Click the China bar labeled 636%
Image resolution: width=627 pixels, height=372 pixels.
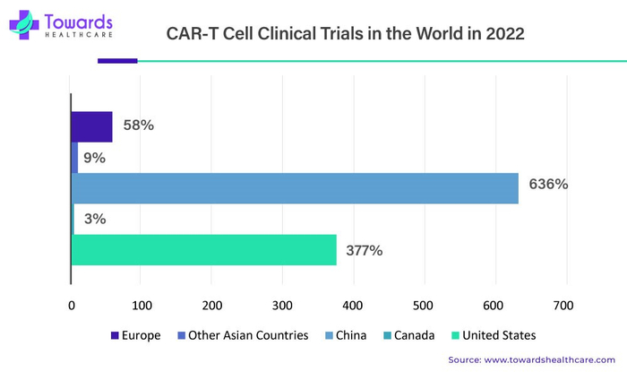click(x=295, y=187)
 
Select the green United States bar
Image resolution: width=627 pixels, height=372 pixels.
click(x=203, y=250)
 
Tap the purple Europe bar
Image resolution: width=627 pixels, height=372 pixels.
click(x=91, y=126)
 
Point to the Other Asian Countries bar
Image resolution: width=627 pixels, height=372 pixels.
click(x=74, y=157)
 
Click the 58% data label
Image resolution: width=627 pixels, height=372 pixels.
click(x=139, y=125)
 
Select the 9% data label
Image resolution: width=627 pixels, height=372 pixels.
click(x=94, y=158)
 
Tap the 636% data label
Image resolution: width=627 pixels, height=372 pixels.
click(x=548, y=185)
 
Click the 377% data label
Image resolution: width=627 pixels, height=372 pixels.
click(x=365, y=250)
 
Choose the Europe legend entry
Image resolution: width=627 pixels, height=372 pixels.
click(x=135, y=335)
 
